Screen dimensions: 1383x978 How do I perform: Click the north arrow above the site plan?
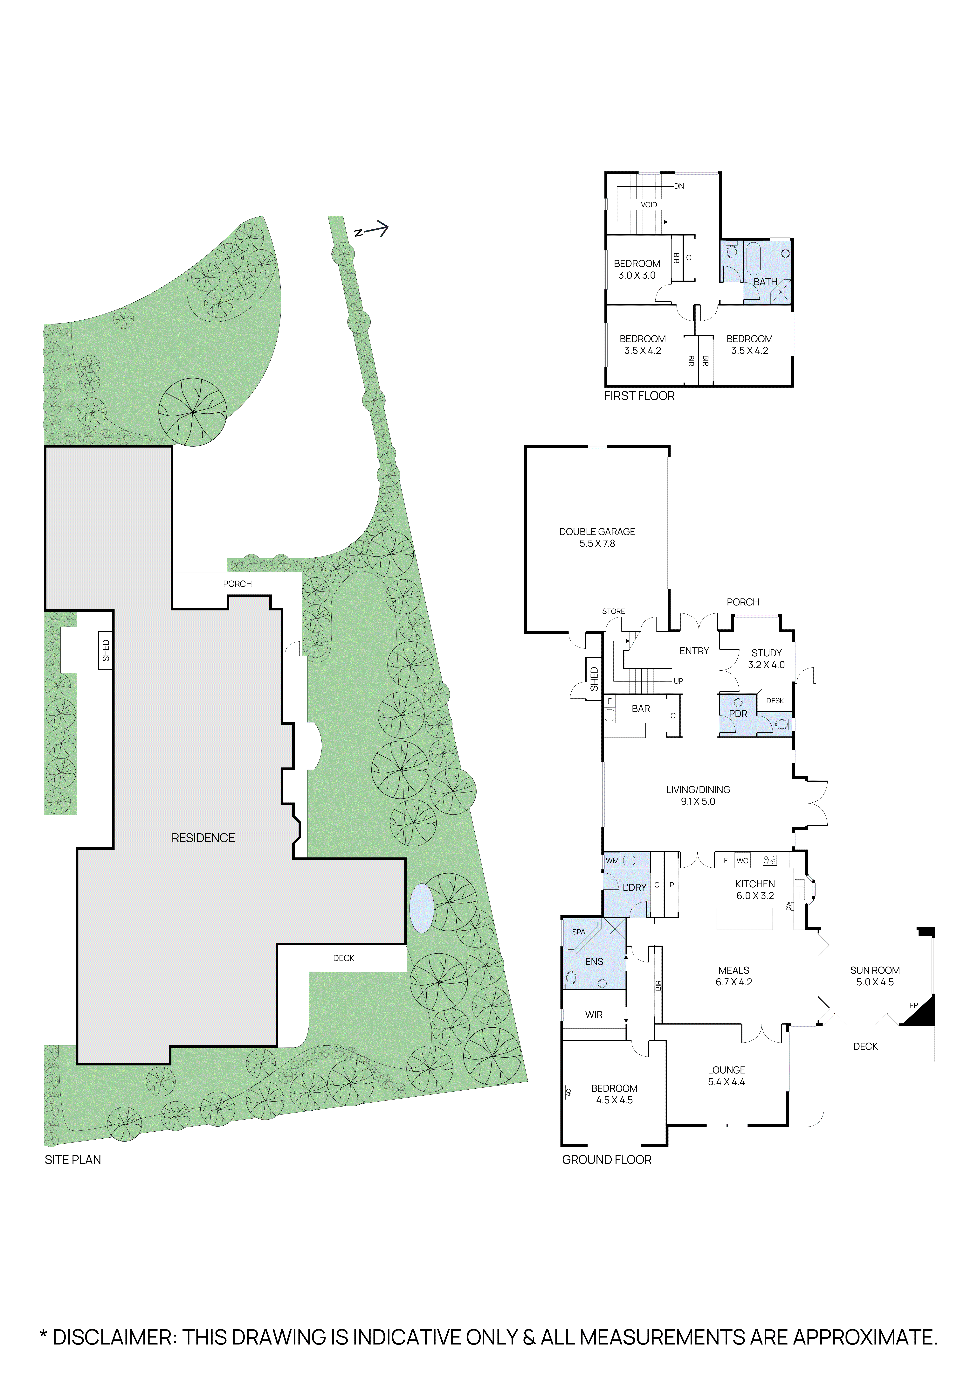372,229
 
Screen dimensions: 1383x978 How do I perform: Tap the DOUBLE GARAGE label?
597,532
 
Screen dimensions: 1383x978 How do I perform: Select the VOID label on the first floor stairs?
649,205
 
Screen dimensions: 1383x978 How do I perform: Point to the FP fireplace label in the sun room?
913,1005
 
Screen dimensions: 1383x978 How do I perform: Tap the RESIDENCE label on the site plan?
203,838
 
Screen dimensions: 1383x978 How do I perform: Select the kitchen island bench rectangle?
744,919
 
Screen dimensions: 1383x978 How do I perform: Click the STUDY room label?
766,653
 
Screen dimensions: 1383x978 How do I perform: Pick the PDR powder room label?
738,714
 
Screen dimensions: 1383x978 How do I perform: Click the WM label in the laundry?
612,861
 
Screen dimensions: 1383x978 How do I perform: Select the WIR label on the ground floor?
594,1015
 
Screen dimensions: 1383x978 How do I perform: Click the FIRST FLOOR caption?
639,396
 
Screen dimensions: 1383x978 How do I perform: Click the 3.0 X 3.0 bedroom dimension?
637,275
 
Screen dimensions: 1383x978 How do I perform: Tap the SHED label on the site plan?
106,651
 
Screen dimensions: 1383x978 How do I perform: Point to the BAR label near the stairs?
641,709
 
